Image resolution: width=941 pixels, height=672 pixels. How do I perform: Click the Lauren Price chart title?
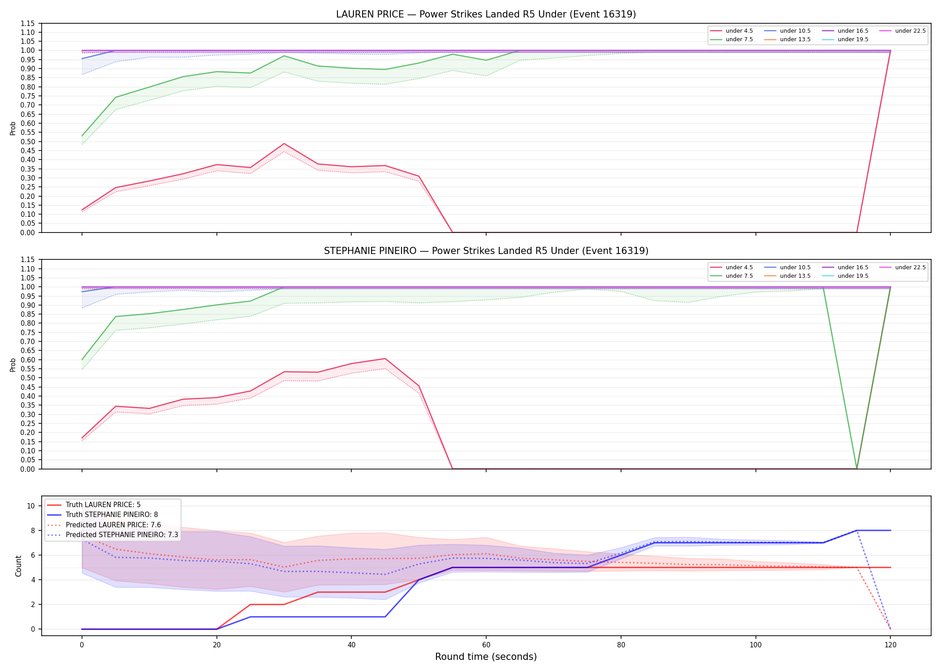486,14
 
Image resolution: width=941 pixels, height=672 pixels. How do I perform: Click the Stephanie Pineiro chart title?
486,251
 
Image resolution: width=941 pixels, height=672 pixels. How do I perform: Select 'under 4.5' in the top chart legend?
739,31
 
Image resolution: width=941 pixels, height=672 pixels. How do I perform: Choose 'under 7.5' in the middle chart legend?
739,276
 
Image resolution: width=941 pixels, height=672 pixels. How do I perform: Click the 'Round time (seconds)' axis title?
486,657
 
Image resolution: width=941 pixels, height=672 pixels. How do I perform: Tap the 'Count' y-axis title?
18,566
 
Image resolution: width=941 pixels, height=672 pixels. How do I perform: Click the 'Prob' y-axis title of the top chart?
13,129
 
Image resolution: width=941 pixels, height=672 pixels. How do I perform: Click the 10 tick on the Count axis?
31,506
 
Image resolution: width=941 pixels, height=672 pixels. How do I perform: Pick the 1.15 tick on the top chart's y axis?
27,23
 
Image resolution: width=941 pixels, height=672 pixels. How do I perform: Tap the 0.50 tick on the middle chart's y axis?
27,378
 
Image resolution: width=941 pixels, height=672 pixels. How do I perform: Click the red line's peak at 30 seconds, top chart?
284,144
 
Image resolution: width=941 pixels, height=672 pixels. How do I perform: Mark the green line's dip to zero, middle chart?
856,469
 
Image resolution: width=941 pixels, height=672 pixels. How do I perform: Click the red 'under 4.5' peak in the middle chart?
385,359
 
